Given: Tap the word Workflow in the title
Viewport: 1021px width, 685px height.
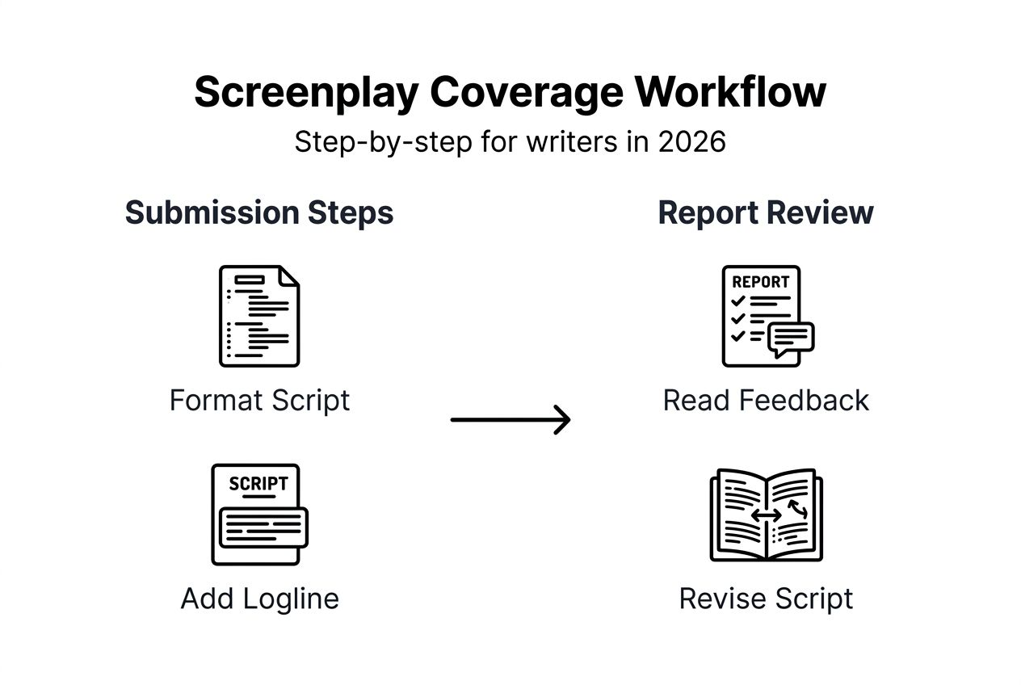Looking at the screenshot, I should tap(730, 92).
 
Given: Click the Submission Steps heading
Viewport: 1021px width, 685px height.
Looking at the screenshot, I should tap(259, 212).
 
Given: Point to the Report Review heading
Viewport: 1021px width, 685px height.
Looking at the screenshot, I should tap(765, 212).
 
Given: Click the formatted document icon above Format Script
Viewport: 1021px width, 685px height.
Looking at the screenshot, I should tap(259, 316).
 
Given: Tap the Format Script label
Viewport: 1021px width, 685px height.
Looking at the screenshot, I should tap(259, 401).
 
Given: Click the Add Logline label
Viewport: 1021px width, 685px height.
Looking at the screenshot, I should tap(259, 599).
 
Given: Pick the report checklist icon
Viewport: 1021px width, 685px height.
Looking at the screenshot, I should tap(761, 316).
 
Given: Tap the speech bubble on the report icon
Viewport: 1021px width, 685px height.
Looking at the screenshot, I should tap(791, 338).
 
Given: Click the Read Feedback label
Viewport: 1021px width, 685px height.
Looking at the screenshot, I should tap(765, 401).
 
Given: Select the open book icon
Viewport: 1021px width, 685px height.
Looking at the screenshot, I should tap(765, 515).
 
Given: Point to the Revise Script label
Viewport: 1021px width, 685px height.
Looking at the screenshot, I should tap(765, 599).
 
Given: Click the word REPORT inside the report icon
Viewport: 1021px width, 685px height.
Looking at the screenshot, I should tap(760, 282).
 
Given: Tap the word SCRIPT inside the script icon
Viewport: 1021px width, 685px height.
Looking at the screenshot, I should tap(258, 483).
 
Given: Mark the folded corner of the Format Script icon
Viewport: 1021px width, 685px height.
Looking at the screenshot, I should tap(288, 276).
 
